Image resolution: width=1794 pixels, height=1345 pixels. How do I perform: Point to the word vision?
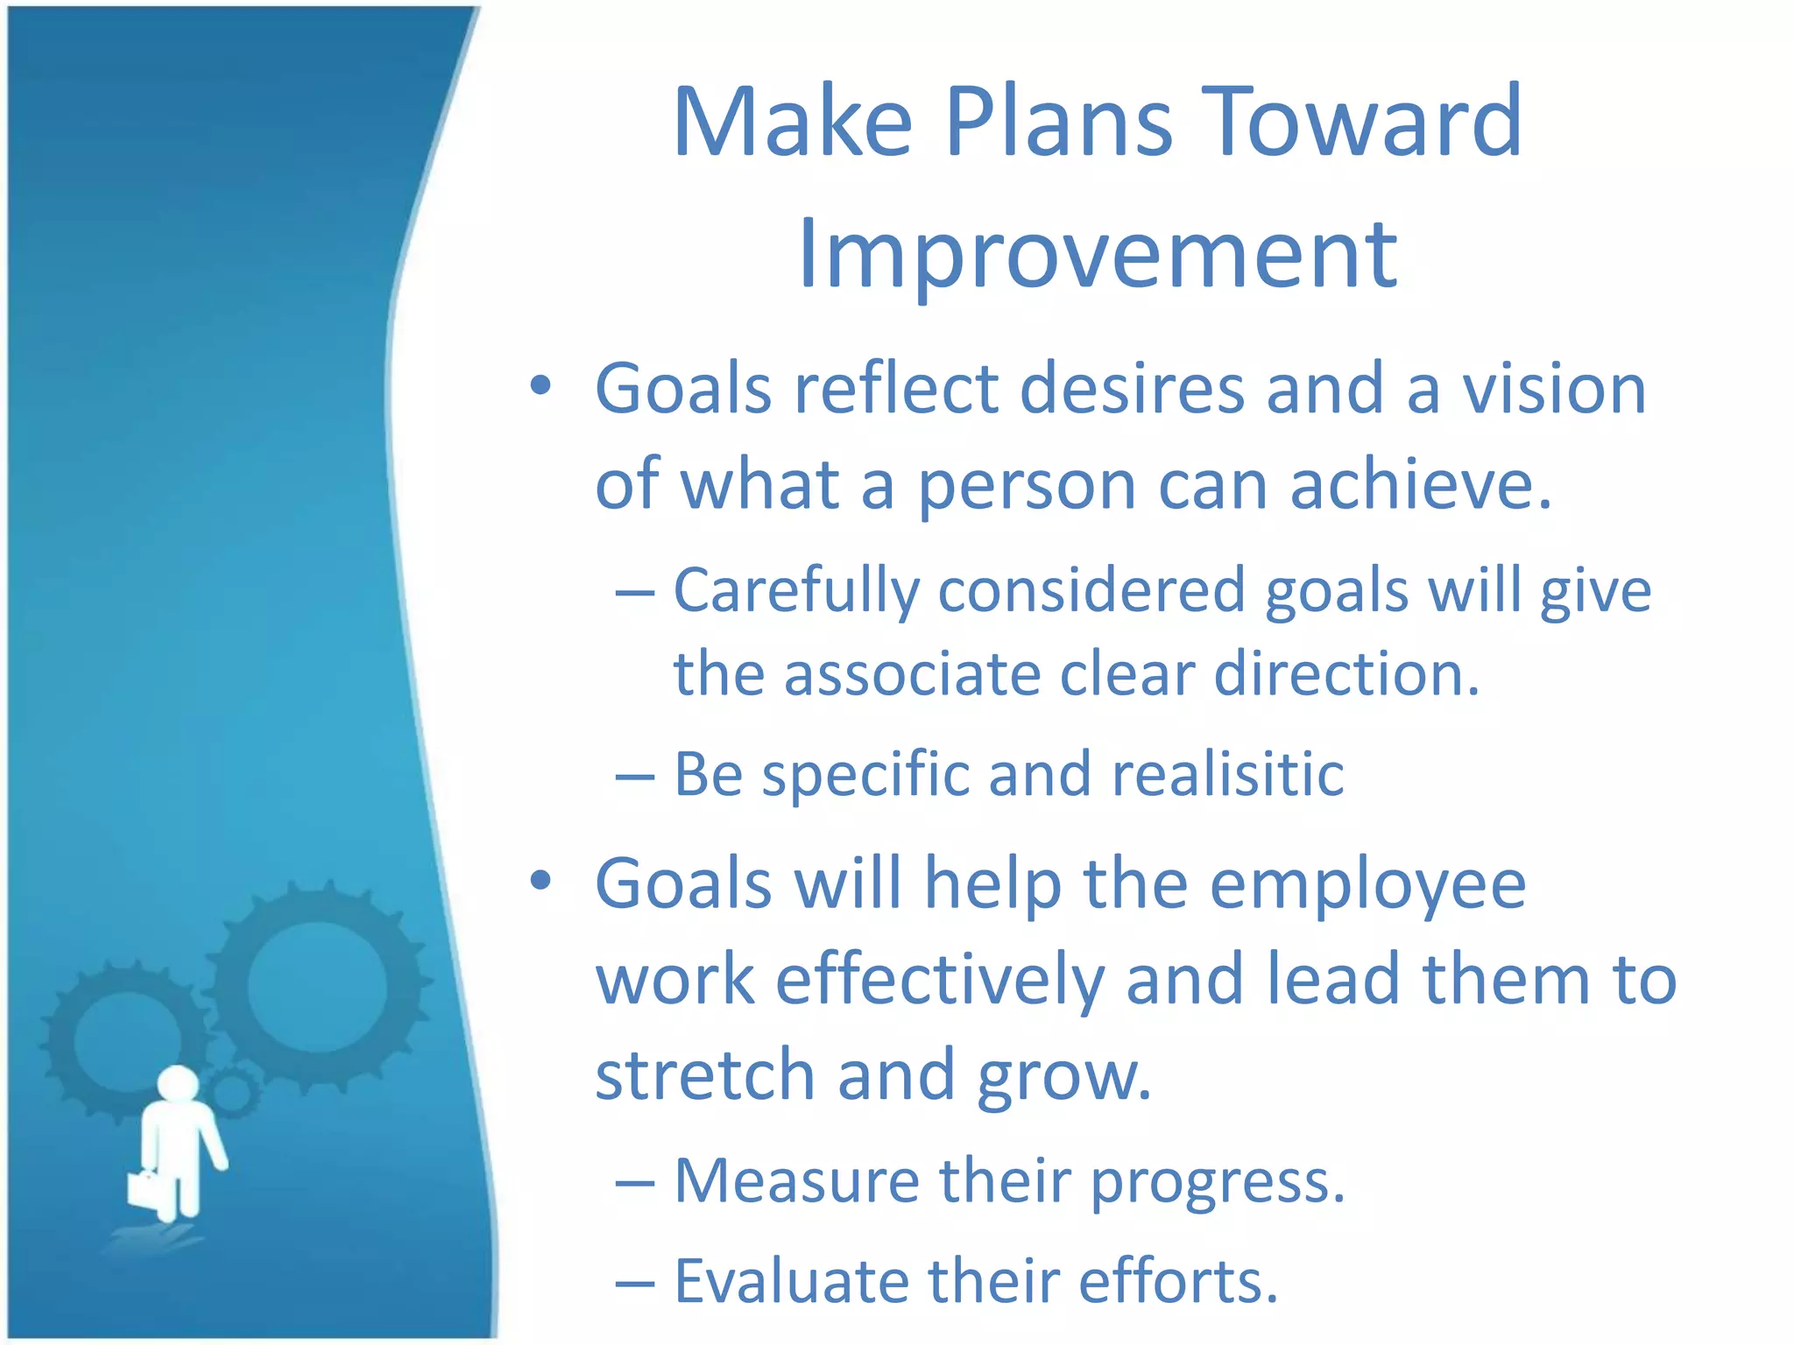click(x=1554, y=389)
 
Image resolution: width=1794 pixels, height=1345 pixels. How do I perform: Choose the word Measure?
click(x=796, y=1181)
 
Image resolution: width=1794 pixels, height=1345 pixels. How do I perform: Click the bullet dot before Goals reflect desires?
click(x=540, y=385)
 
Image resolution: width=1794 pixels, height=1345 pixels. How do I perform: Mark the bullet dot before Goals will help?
click(x=540, y=880)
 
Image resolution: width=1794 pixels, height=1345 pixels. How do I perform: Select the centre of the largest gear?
click(x=317, y=986)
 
